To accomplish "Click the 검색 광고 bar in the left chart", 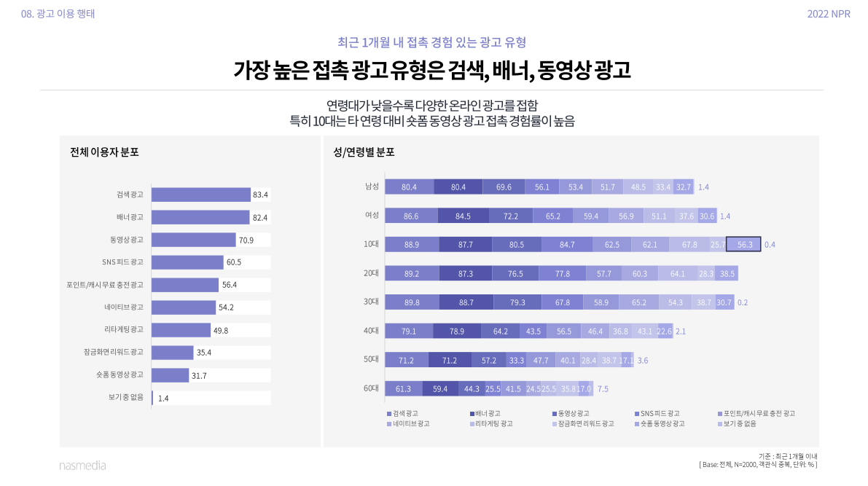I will point(200,195).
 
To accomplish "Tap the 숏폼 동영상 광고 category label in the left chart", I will point(120,375).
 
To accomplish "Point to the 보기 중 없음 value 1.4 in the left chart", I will point(163,399).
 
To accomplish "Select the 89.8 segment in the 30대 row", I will point(412,302).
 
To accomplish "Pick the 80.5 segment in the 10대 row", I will point(516,245).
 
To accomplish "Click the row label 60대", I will point(371,388).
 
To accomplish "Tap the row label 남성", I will point(372,187).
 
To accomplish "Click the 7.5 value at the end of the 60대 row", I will point(603,389).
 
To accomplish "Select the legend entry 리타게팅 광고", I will point(493,423).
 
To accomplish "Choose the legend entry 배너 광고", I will point(487,413).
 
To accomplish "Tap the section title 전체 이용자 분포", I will point(104,153).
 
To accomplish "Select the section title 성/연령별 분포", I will point(364,153).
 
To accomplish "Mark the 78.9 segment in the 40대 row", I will point(457,332).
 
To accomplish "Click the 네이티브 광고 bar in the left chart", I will point(184,307).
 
